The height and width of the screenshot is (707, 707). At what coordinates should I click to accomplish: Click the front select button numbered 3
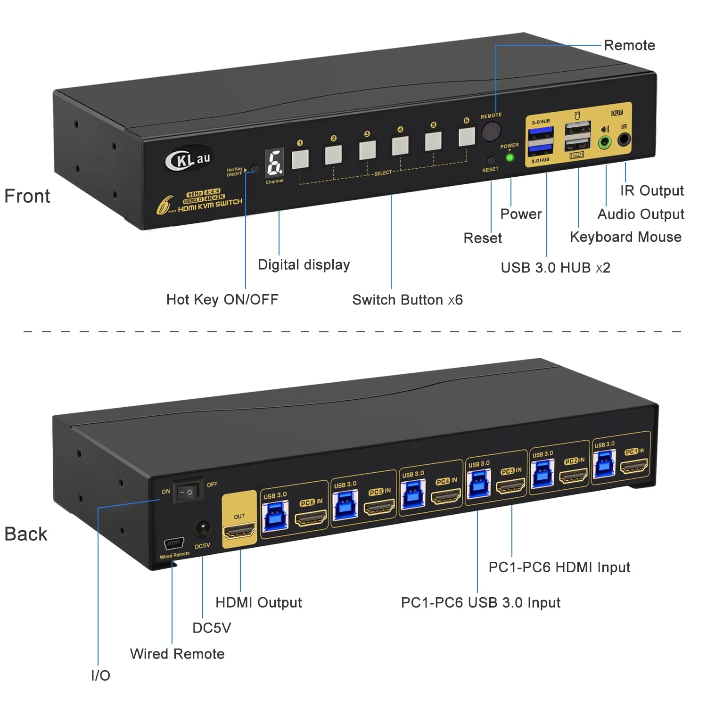tap(367, 149)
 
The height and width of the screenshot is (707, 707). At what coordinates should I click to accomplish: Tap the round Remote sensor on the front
tap(491, 132)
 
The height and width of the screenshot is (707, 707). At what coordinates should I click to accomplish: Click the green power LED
tap(510, 157)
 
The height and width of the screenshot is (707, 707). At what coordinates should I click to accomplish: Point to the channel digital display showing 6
tap(275, 163)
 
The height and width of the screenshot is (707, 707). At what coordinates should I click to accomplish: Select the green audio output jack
tap(605, 141)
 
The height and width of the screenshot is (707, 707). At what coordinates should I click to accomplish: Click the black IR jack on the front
tap(624, 140)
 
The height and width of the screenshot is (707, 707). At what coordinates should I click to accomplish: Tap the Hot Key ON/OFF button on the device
tap(255, 169)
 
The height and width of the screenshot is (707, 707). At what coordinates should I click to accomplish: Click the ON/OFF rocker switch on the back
tap(187, 492)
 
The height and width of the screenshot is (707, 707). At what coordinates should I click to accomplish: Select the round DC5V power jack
tap(203, 529)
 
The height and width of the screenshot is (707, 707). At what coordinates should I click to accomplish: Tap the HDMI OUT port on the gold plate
tap(239, 531)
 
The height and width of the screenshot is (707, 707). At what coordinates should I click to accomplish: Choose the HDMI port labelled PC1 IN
tap(634, 467)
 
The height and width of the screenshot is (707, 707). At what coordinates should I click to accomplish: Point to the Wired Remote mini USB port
tap(173, 544)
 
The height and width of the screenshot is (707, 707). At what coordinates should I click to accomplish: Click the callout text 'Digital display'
tap(304, 265)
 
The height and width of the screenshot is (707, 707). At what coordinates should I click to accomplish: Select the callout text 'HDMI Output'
tap(258, 602)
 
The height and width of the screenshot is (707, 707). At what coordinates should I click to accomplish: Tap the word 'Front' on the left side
tap(27, 196)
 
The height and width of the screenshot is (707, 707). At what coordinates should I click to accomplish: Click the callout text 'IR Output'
tap(651, 190)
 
